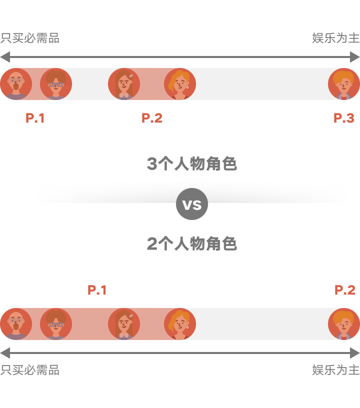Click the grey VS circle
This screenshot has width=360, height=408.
[x=191, y=204]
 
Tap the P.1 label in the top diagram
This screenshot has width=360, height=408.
[x=35, y=118]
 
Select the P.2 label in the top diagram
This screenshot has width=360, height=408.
[x=152, y=118]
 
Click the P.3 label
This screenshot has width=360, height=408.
[x=344, y=118]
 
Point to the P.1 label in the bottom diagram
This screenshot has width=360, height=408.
[x=97, y=290]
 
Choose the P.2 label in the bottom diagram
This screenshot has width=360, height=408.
[x=345, y=290]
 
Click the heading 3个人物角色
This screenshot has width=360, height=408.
[x=191, y=164]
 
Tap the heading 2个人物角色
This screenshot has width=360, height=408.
[x=191, y=244]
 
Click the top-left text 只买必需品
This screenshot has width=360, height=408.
[x=30, y=38]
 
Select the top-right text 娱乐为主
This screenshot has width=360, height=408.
[x=335, y=38]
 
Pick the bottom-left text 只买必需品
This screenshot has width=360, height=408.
[x=30, y=370]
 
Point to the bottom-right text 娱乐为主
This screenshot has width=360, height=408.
[x=335, y=370]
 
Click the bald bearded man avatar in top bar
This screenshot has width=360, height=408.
[x=16, y=84]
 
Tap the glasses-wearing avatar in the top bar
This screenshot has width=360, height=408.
[x=55, y=84]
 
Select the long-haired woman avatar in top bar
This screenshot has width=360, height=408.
[x=123, y=84]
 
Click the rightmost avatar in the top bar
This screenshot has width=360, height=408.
[x=343, y=84]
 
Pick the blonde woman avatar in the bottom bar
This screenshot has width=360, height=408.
[x=179, y=324]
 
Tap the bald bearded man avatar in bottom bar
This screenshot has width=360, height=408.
[x=16, y=324]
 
